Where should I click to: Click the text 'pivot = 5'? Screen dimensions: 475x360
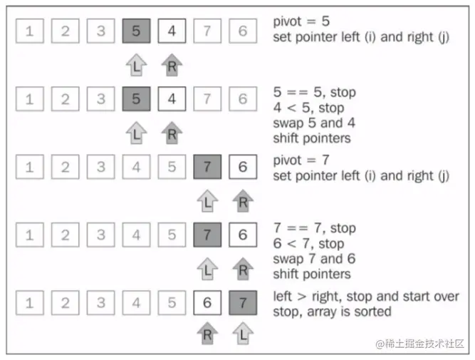click(301, 22)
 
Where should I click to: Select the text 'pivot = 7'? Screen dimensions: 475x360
click(301, 160)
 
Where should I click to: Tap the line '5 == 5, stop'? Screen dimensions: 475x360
click(315, 92)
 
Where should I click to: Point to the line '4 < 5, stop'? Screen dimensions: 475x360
click(308, 108)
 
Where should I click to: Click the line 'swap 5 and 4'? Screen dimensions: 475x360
click(314, 123)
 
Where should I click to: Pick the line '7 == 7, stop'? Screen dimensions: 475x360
click(315, 228)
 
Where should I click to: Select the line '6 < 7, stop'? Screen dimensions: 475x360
click(308, 244)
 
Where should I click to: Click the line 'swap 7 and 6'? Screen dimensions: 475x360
click(314, 259)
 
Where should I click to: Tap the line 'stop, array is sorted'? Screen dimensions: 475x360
click(332, 312)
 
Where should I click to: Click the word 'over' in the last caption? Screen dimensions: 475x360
click(446, 297)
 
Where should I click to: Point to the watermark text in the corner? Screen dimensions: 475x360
click(420, 344)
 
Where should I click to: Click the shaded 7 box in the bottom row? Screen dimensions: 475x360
click(243, 303)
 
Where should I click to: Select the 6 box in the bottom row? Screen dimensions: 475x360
click(207, 303)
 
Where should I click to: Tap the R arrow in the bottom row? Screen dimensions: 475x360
click(207, 333)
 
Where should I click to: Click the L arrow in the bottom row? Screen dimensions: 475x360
click(243, 333)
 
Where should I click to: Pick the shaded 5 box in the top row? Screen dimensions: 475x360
click(136, 31)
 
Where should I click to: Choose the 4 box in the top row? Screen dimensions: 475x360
click(172, 31)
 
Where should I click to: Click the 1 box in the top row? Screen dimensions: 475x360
click(30, 31)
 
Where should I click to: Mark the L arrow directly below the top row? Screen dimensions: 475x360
click(136, 65)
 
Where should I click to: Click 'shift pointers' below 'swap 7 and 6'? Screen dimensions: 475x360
click(312, 274)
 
